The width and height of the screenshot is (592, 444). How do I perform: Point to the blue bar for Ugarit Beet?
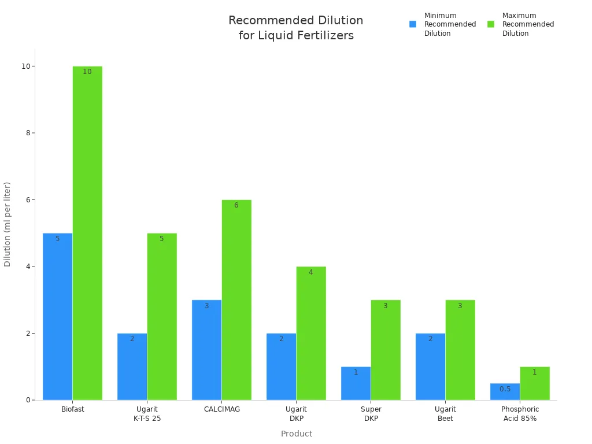(x=430, y=367)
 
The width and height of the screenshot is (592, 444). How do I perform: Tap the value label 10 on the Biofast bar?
(x=87, y=72)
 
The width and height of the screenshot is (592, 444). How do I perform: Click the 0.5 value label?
(x=505, y=389)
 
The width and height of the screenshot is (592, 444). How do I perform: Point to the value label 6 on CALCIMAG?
(x=236, y=205)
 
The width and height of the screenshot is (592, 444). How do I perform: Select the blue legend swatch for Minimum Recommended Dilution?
(x=413, y=24)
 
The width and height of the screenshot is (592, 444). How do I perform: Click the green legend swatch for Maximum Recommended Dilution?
(x=491, y=24)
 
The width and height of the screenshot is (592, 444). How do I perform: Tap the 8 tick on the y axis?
(x=26, y=133)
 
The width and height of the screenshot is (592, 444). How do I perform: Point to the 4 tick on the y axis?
(x=26, y=267)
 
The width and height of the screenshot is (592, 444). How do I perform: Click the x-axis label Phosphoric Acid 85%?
(x=520, y=414)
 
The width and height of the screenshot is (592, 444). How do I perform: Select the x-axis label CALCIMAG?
(x=221, y=409)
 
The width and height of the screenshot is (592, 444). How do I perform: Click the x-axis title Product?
(x=296, y=434)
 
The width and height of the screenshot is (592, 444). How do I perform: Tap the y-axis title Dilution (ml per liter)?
(x=8, y=224)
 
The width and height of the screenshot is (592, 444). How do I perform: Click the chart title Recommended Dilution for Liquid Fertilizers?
(x=295, y=28)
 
